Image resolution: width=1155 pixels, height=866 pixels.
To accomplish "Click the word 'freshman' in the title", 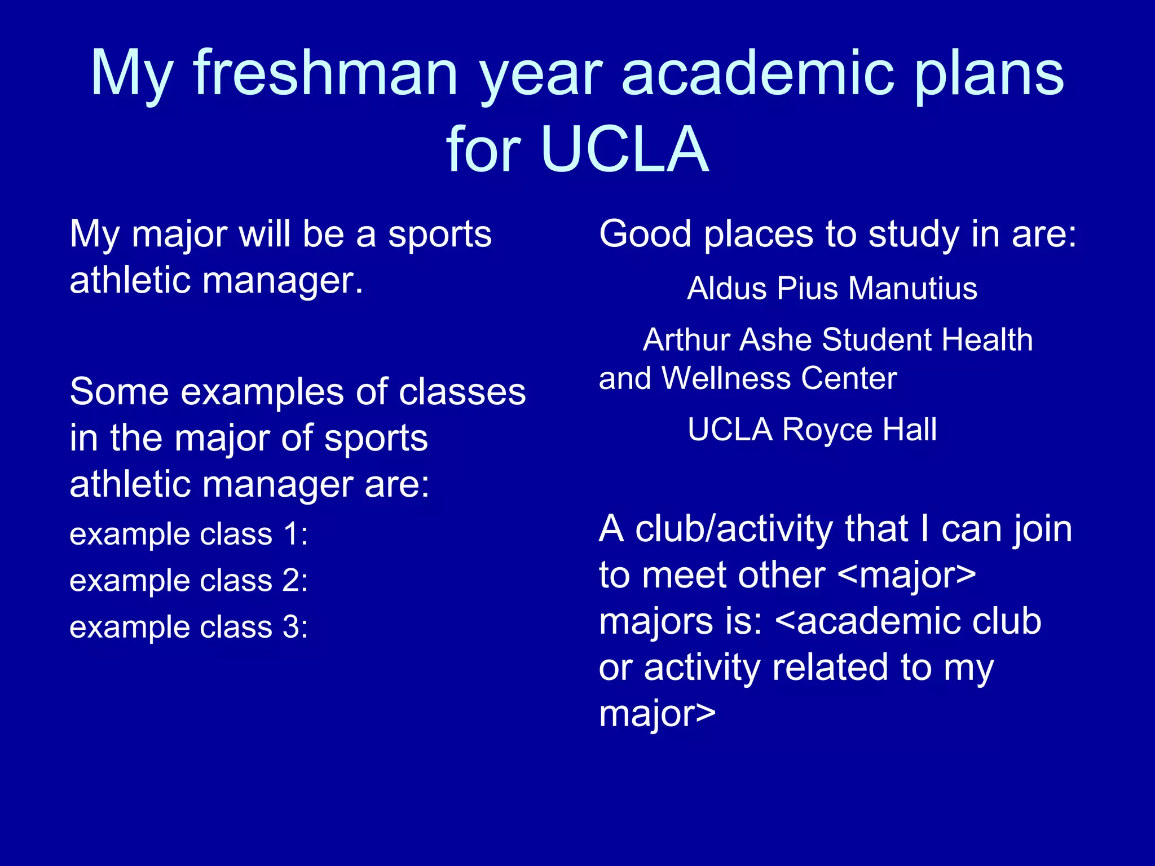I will point(325,73).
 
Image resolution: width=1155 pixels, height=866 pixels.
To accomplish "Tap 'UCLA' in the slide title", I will point(624,149).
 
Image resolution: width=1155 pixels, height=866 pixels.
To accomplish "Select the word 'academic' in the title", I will point(758,73).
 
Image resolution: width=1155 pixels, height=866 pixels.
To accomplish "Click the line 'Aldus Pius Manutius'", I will point(832,289).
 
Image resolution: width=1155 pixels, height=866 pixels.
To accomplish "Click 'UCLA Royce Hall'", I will point(812,430).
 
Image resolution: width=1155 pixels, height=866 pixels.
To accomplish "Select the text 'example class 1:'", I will point(189,534).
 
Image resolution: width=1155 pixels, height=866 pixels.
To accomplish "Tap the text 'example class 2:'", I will point(189,580).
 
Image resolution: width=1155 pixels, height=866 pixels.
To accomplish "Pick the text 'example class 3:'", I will point(189,627).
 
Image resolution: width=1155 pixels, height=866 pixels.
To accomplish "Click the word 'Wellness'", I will point(726,378).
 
